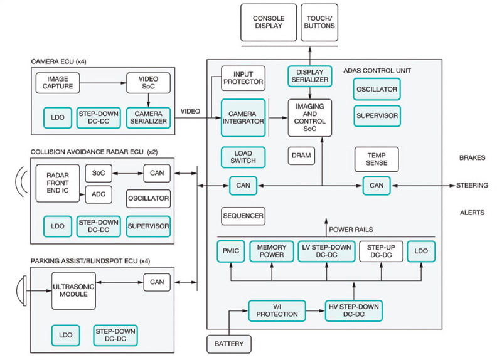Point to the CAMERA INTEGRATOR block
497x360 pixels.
pyautogui.click(x=243, y=117)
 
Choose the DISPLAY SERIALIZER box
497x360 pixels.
pyautogui.click(x=309, y=76)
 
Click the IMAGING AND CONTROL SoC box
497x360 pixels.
pyautogui.click(x=309, y=117)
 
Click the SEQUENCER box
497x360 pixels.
pyautogui.click(x=243, y=216)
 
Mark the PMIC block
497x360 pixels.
pyautogui.click(x=230, y=251)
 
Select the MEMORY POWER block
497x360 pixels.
pyautogui.click(x=272, y=251)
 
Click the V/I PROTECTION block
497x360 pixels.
pyautogui.click(x=276, y=309)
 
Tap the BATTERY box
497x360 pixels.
pyautogui.click(x=229, y=344)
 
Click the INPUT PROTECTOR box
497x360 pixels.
pyautogui.click(x=243, y=78)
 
